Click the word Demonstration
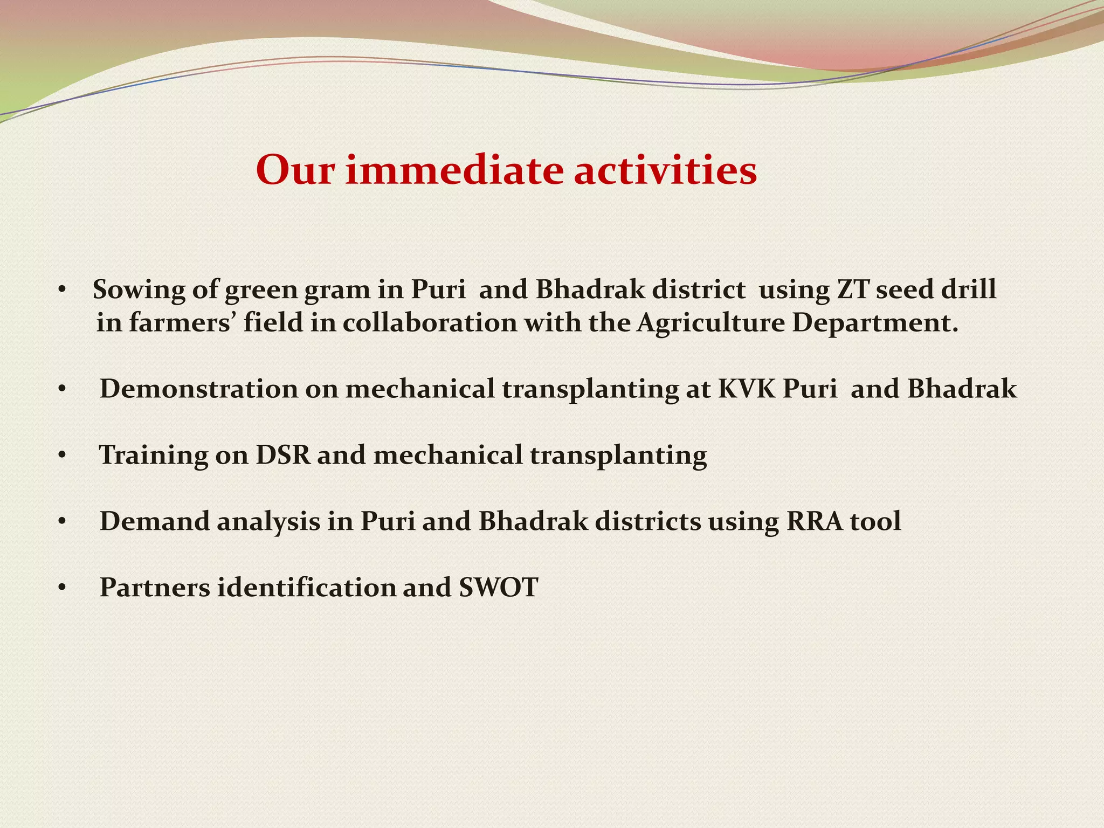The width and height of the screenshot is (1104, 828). (x=198, y=389)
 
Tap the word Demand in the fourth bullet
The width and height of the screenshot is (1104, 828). (x=155, y=521)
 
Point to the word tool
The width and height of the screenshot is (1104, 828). (x=875, y=521)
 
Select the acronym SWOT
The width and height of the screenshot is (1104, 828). (x=498, y=587)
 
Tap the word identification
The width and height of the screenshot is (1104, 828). (x=306, y=587)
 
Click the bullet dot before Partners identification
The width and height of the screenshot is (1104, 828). (x=63, y=588)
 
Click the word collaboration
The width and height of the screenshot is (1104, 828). (x=429, y=323)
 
